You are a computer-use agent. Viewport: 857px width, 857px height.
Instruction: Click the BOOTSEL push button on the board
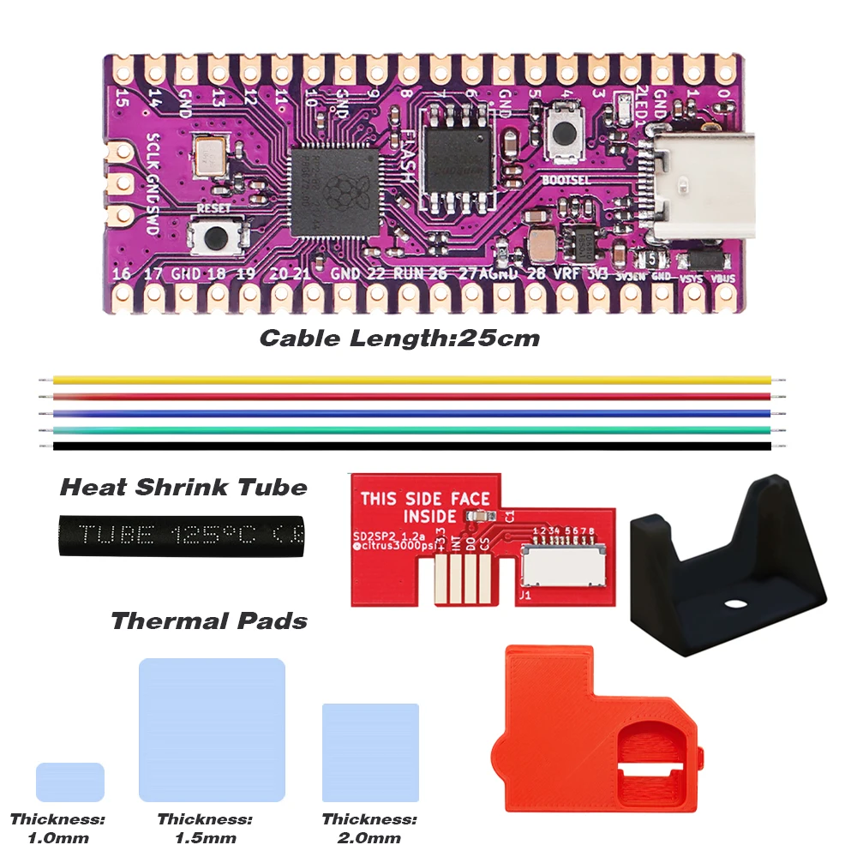(x=564, y=133)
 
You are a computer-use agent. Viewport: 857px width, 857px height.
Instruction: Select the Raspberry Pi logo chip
(x=335, y=192)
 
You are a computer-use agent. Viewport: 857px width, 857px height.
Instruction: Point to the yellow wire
(x=411, y=380)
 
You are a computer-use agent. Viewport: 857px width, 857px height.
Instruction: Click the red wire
(x=411, y=397)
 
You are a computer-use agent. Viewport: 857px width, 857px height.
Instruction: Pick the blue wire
(x=411, y=413)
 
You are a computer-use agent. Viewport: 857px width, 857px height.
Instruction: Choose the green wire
(x=411, y=429)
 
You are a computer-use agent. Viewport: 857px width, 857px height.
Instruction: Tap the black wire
(x=411, y=446)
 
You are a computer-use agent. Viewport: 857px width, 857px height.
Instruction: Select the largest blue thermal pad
(x=212, y=729)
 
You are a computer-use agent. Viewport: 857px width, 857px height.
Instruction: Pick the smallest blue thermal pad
(x=70, y=782)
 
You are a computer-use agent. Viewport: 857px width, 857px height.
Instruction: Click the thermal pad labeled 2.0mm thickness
(x=370, y=752)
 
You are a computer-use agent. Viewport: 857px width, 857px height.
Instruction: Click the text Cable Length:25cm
(x=399, y=338)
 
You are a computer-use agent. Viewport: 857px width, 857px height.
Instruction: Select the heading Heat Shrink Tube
(x=183, y=488)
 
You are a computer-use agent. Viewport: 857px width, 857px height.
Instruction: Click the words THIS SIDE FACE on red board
(x=425, y=498)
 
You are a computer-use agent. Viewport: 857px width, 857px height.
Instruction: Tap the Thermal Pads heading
(x=209, y=620)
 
